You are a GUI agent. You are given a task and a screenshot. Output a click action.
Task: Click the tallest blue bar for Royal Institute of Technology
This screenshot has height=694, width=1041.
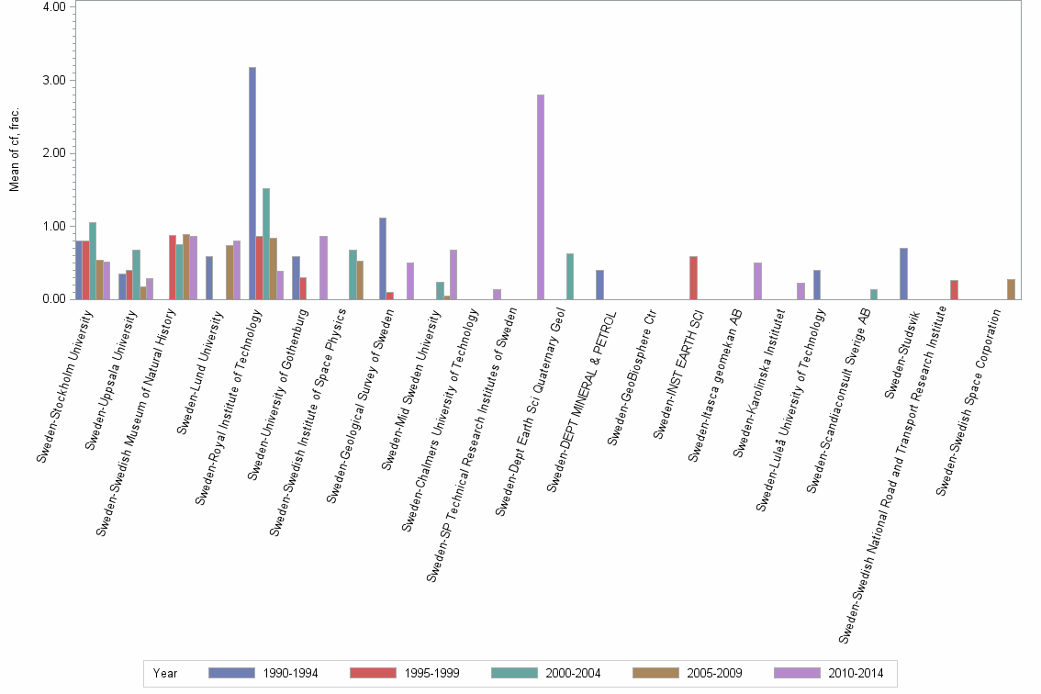252,184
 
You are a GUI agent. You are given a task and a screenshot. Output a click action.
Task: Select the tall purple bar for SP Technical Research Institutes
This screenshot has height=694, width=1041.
541,197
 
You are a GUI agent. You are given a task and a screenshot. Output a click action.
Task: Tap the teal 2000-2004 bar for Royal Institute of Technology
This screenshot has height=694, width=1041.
266,244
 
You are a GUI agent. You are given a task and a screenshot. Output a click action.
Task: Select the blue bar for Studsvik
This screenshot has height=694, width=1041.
903,274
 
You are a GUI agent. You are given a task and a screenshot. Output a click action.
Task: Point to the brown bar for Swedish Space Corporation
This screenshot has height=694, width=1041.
1011,289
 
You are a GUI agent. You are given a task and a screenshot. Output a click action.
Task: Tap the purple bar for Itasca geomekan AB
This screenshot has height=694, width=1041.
757,281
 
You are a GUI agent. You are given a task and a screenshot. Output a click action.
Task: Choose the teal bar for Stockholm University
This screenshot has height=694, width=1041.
93,261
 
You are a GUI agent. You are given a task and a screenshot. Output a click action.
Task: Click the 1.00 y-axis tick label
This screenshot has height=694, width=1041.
53,226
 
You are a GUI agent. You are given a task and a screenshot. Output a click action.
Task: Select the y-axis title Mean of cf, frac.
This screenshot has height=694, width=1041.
14,151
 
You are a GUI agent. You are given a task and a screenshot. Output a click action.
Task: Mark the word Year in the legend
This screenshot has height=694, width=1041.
165,674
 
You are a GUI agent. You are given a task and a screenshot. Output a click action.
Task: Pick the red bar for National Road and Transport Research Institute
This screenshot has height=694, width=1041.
955,290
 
